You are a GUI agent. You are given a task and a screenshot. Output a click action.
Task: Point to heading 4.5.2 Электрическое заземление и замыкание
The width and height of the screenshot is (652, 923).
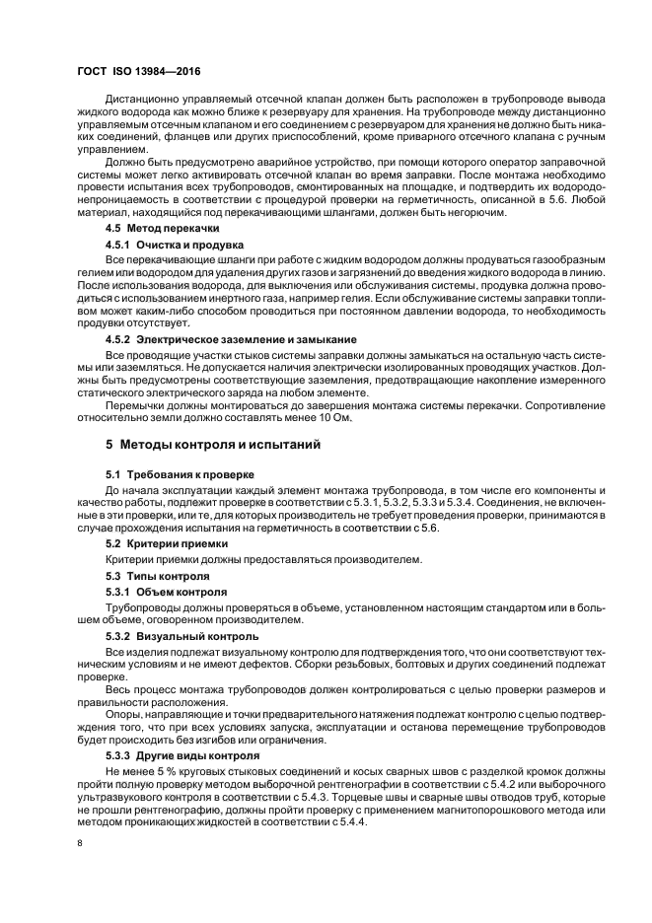tap(231, 339)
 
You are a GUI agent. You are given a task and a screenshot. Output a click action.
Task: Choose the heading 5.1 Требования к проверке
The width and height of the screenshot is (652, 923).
tap(172, 474)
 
